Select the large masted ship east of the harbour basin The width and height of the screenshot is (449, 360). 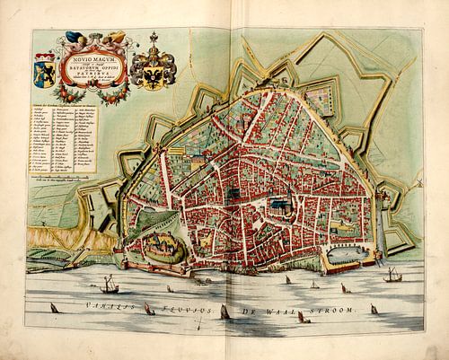click(392, 274)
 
